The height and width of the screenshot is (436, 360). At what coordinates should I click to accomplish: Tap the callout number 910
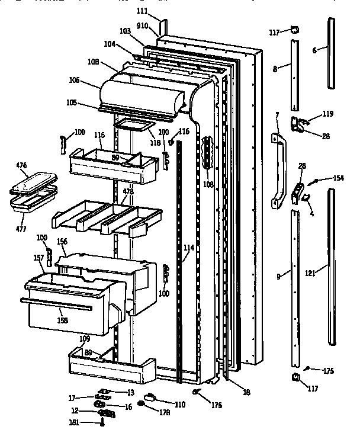143,27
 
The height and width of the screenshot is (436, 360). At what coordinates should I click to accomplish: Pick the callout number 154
338,178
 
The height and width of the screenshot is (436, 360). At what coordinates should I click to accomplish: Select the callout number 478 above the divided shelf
127,192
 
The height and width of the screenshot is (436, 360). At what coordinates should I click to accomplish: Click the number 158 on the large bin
62,320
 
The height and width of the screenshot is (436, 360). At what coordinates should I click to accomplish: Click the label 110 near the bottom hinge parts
179,405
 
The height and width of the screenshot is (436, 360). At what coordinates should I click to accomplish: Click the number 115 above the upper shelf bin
99,136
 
